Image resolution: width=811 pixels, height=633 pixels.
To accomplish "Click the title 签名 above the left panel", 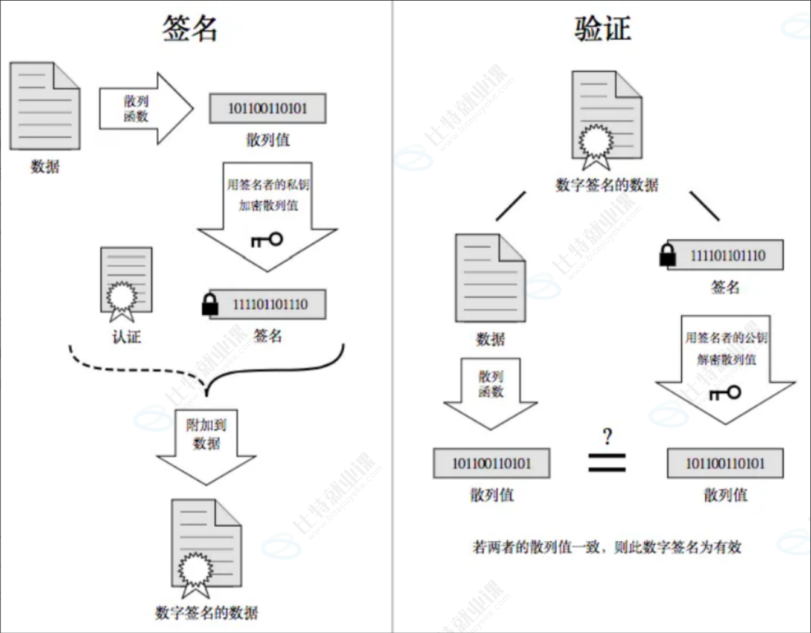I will (x=190, y=28).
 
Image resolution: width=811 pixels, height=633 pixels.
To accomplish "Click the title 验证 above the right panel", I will (x=602, y=28).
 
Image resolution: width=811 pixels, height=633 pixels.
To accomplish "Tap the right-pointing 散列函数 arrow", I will (x=146, y=109).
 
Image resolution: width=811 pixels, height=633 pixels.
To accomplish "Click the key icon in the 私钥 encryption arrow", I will (x=267, y=240).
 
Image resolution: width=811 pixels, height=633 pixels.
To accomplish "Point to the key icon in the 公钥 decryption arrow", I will (x=725, y=393).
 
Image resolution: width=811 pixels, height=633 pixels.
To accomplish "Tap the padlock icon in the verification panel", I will (x=667, y=255).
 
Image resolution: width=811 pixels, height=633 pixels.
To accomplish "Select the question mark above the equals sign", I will (x=607, y=436).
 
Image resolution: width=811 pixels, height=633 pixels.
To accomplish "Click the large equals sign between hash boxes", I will (x=607, y=463).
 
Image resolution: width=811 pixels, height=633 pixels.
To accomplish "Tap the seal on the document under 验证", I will (x=596, y=143).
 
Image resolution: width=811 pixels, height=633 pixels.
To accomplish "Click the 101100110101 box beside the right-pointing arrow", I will (x=268, y=109).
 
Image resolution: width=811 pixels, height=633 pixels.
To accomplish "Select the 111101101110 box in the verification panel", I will (x=727, y=255).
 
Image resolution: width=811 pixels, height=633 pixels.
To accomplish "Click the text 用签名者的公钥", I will (x=726, y=338).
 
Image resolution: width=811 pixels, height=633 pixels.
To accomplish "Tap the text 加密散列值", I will (x=268, y=205).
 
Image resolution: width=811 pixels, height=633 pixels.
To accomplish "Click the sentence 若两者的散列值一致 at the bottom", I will (x=606, y=547).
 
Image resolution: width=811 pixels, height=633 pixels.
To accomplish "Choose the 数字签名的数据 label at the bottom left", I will (x=207, y=612).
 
